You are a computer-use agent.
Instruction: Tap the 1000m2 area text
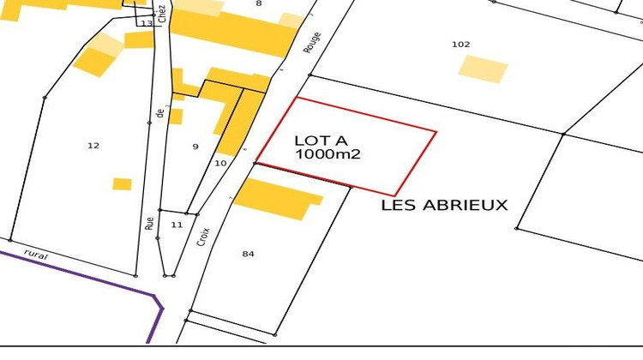(329, 155)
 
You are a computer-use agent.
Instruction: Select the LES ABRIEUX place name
(444, 205)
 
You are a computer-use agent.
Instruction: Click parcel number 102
(461, 44)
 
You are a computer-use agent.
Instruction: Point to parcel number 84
(249, 254)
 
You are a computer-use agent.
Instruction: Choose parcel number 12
(93, 146)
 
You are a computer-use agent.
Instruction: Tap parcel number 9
(195, 147)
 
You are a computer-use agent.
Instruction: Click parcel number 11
(177, 225)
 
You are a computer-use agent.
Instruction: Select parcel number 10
(220, 162)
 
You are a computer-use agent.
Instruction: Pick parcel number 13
(147, 23)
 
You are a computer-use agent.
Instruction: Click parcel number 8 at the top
(258, 4)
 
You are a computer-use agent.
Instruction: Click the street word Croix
(203, 236)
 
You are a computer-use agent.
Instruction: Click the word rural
(34, 254)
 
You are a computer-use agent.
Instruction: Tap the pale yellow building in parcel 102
(483, 69)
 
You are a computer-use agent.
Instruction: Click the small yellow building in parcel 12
(123, 183)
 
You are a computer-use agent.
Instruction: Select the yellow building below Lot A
(276, 199)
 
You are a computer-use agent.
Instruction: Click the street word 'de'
(159, 111)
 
